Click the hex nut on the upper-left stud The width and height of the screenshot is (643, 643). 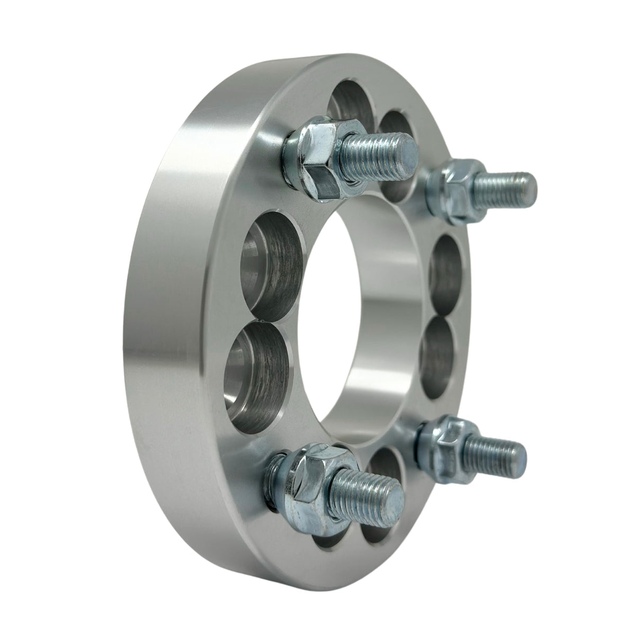[x=316, y=159]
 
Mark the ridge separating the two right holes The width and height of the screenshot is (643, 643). [x=442, y=316]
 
